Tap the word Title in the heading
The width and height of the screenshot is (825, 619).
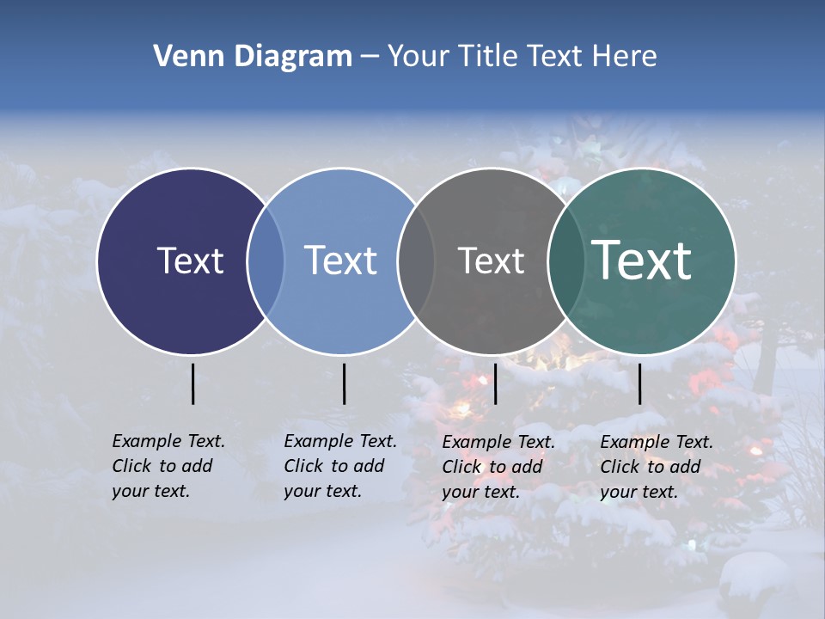tap(494, 57)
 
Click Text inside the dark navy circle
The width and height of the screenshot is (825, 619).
tap(190, 260)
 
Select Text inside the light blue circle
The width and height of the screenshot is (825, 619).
tap(340, 260)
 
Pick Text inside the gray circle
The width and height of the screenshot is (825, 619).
tap(491, 260)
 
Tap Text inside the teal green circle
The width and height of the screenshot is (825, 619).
tap(642, 260)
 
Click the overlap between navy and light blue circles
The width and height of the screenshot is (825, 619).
tap(266, 261)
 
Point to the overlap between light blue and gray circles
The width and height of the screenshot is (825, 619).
tap(416, 261)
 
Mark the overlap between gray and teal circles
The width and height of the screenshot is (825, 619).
tap(566, 261)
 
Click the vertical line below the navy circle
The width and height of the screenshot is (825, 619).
tap(192, 383)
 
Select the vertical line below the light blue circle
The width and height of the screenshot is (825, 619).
tap(344, 383)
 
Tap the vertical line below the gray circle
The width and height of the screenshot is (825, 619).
tap(495, 383)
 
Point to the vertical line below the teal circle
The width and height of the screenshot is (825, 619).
tap(639, 383)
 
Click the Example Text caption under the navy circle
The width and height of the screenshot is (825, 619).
tap(168, 466)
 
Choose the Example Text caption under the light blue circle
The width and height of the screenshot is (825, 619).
tap(339, 466)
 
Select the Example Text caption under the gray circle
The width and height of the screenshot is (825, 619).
tap(498, 467)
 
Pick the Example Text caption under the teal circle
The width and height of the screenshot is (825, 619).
tap(656, 467)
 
